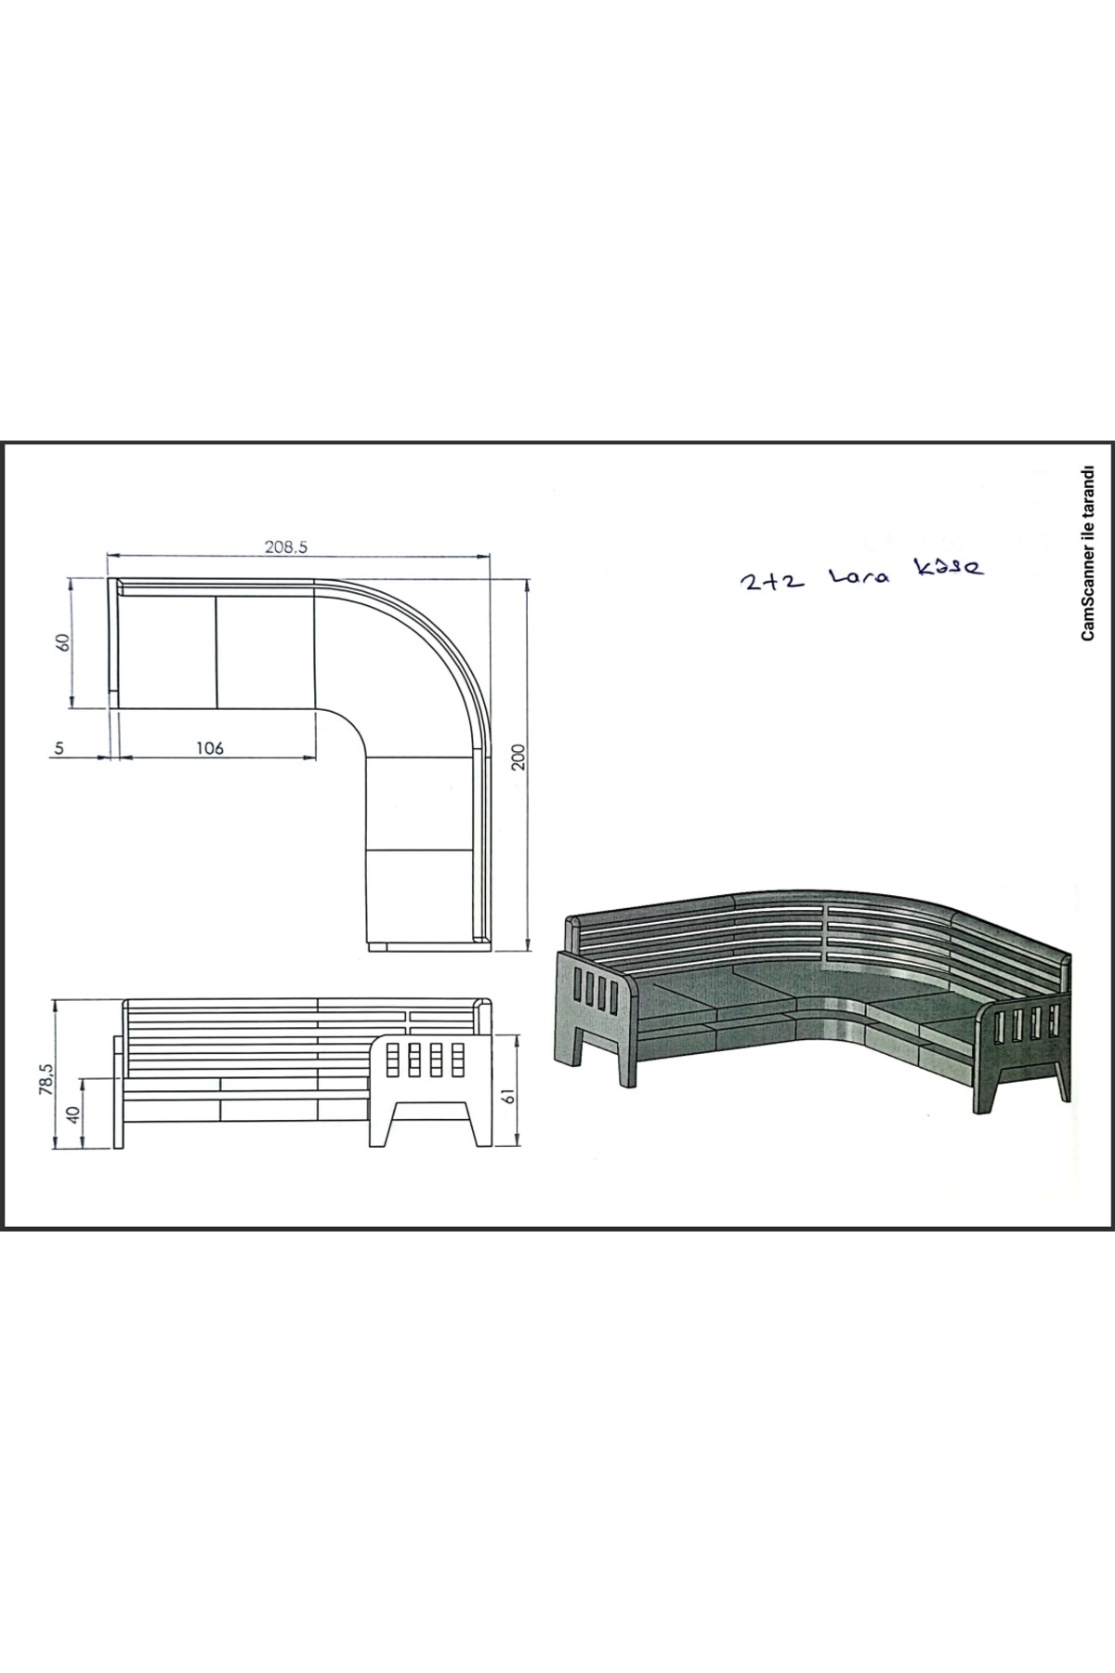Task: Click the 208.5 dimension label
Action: (285, 547)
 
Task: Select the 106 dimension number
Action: (211, 748)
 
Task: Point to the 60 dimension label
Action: (63, 642)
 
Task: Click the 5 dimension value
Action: (59, 748)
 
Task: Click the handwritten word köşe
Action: (946, 567)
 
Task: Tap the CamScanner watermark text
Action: (1088, 553)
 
